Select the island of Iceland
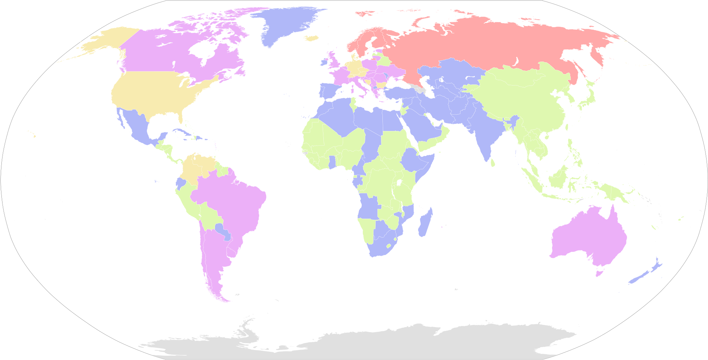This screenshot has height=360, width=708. (313, 38)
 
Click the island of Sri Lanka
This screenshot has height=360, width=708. (493, 163)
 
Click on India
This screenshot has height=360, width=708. (483, 132)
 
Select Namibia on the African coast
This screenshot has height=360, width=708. (367, 229)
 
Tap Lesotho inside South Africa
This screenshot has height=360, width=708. (389, 246)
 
